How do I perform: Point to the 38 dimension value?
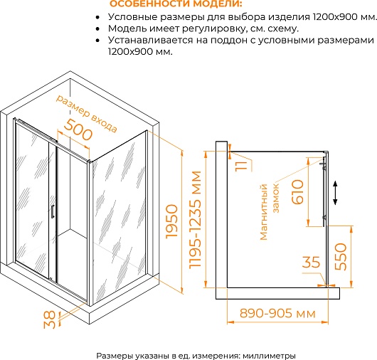pyautogui.click(x=49, y=320)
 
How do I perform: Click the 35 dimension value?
pyautogui.click(x=311, y=263)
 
